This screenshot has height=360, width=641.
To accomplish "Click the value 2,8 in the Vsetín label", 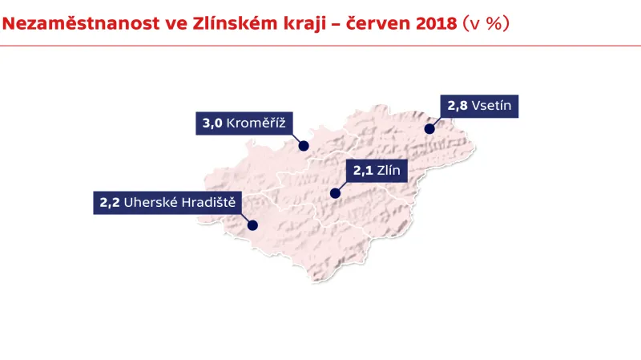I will click(458, 105).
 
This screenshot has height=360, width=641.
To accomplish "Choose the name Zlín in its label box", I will click(393, 170).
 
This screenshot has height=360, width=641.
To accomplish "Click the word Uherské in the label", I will click(150, 203).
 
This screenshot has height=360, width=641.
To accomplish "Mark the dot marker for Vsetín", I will click(429, 128).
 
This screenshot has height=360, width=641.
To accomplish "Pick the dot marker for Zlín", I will click(335, 193).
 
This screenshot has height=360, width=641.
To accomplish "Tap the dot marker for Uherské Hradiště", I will click(253, 226).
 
